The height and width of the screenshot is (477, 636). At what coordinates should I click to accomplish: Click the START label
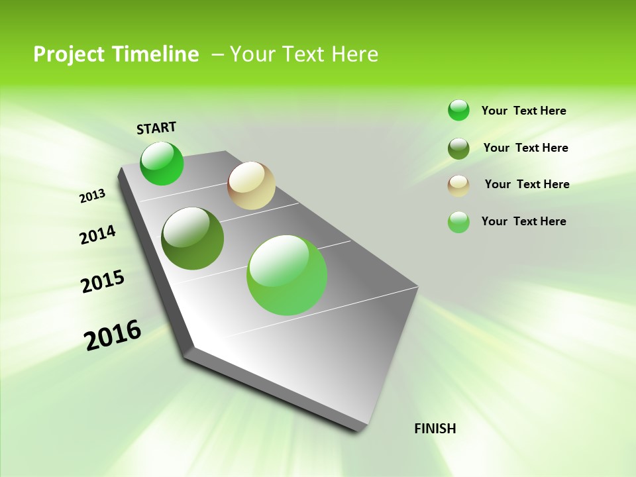[156, 128]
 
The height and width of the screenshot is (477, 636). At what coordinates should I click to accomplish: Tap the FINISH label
[435, 429]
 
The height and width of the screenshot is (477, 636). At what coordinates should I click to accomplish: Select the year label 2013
[92, 196]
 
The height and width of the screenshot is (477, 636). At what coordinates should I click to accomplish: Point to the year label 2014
[97, 235]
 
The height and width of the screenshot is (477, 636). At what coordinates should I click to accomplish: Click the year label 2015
[102, 282]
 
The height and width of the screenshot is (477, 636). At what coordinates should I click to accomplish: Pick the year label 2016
[113, 335]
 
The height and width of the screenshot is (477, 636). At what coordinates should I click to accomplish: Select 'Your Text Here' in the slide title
[303, 54]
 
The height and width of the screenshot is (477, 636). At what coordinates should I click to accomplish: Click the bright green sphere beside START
[162, 163]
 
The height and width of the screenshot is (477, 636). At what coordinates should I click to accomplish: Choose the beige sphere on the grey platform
[251, 185]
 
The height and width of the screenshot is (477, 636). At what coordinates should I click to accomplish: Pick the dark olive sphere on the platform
[192, 238]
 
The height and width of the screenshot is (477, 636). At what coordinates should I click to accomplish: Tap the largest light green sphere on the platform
[287, 275]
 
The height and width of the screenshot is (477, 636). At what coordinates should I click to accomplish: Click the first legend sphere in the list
[458, 110]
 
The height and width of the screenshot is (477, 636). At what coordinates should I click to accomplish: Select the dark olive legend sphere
[458, 148]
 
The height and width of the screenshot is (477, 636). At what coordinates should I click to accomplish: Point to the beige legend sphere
[458, 185]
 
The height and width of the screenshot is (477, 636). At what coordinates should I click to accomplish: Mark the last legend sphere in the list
[458, 222]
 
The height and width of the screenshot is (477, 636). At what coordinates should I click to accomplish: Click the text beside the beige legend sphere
[527, 184]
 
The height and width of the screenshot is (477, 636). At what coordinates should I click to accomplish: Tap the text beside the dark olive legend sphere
[525, 148]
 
